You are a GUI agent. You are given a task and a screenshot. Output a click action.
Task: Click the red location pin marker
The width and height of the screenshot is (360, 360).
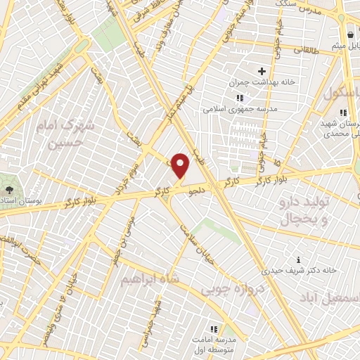click(x=181, y=165)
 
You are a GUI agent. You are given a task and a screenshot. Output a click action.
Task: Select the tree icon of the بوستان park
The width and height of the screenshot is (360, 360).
click(x=9, y=189)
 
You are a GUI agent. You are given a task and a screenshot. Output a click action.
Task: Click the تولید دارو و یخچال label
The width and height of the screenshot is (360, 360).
click(x=305, y=210)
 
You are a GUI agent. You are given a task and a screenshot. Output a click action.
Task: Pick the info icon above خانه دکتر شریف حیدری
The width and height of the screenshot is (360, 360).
click(x=300, y=259)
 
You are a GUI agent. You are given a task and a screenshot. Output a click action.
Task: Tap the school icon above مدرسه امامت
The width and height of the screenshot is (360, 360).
click(x=214, y=328)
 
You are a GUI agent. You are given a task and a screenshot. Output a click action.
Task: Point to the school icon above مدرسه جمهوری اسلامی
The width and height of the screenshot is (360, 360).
click(x=239, y=98)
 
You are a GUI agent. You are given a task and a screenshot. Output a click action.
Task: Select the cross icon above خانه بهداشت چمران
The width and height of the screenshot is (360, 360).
click(x=262, y=71)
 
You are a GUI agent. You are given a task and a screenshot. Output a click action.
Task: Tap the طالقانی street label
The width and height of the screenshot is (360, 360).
click(x=306, y=51)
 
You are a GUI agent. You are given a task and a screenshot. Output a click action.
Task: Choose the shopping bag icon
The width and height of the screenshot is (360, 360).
click(x=349, y=35)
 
